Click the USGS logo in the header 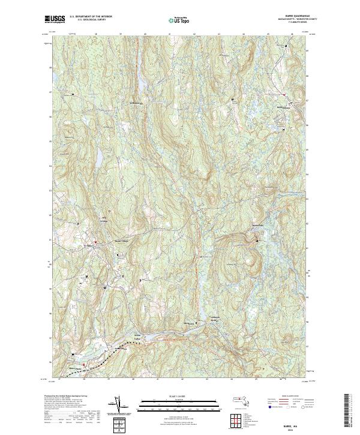[x=55, y=19]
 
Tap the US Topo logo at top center [x=178, y=20]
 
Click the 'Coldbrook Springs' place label [x=217, y=318]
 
